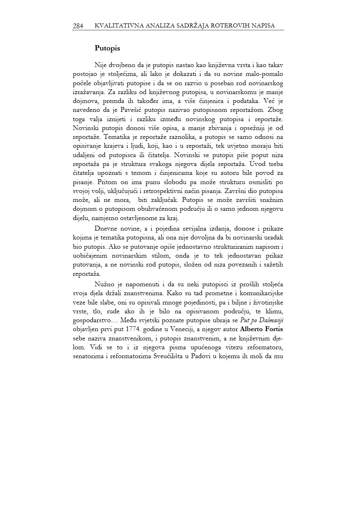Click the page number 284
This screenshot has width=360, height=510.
77,26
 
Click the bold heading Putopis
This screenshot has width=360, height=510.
107,48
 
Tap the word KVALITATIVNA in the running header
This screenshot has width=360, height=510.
115,26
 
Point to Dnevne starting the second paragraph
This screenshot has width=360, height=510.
106,228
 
